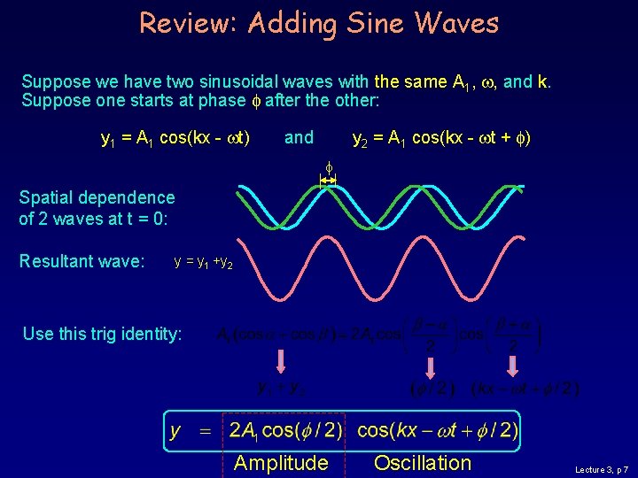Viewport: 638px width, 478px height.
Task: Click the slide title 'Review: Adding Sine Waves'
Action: pos(319,23)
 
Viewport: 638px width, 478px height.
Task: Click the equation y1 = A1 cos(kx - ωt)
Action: pos(176,138)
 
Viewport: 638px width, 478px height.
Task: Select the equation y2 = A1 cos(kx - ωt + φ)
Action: pos(441,138)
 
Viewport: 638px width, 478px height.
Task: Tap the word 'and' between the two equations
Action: pos(299,137)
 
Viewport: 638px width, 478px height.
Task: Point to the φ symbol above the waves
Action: pos(328,166)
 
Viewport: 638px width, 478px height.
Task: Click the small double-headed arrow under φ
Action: pos(328,181)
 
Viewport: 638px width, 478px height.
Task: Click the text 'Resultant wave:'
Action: pos(82,261)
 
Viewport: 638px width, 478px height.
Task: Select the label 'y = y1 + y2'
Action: pos(204,263)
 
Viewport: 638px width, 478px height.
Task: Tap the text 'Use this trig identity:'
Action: pos(103,334)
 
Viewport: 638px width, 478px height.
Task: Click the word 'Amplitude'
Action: pos(281,463)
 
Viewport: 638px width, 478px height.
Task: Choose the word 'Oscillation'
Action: pos(423,463)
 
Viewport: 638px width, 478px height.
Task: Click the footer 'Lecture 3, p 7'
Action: pos(602,468)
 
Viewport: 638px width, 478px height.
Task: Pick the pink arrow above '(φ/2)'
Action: pos(431,366)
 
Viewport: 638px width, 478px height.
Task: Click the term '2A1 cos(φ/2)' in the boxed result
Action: pos(285,431)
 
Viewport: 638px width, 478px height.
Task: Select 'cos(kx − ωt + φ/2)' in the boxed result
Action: pos(438,431)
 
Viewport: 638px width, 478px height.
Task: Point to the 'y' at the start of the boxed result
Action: pos(176,432)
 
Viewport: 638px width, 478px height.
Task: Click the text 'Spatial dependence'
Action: pos(97,198)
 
